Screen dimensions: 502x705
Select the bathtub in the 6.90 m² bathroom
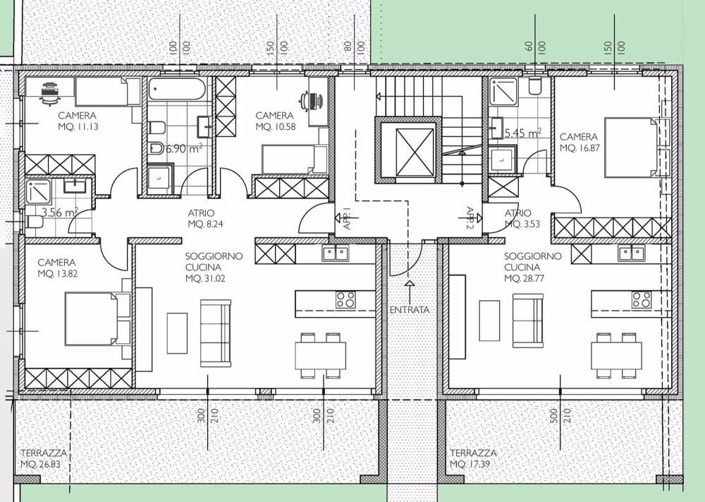177,90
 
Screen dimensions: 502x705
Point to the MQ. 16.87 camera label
579,148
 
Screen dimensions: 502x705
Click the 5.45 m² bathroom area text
522,132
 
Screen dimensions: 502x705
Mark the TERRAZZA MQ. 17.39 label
473,458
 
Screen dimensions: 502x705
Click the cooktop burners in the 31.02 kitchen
345,299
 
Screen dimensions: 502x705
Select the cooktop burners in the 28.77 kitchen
642,299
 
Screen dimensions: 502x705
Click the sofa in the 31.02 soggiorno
215,323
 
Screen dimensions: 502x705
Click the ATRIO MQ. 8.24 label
205,218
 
